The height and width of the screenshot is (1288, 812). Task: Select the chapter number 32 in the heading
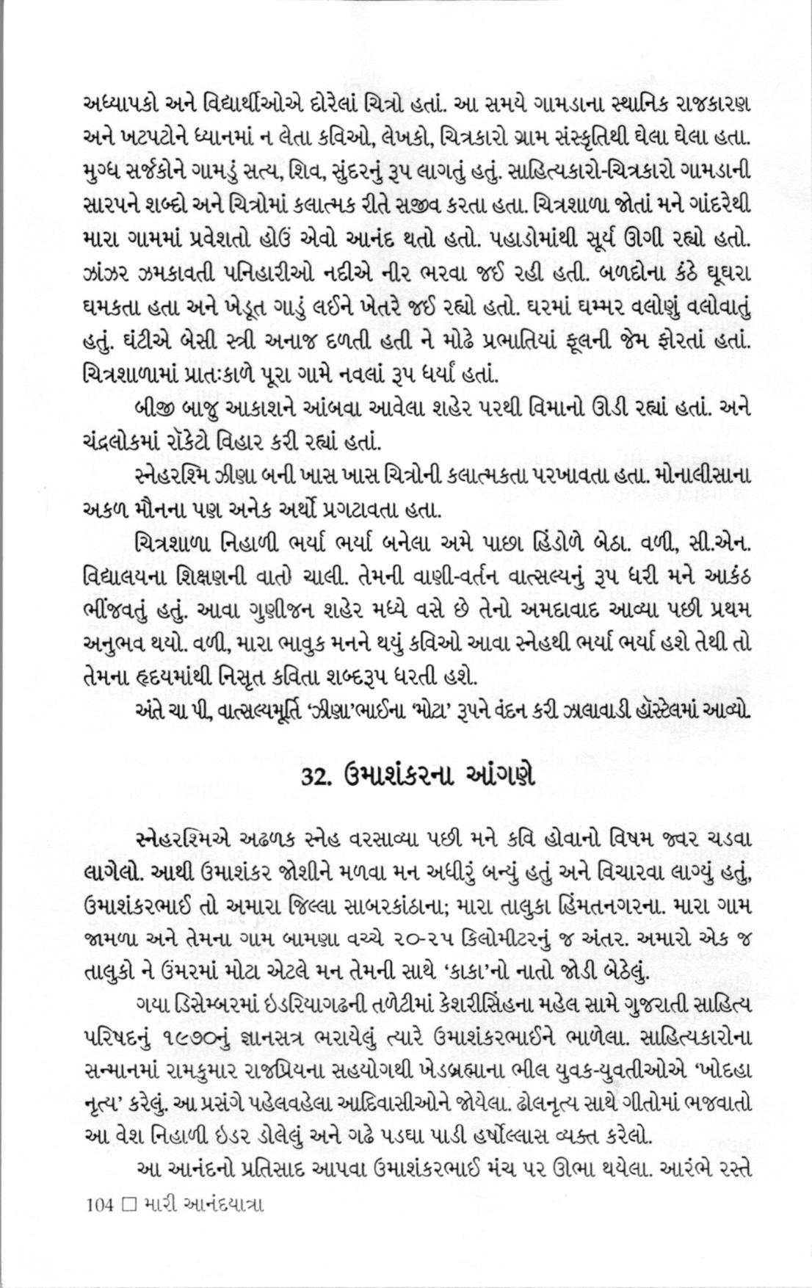316,777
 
